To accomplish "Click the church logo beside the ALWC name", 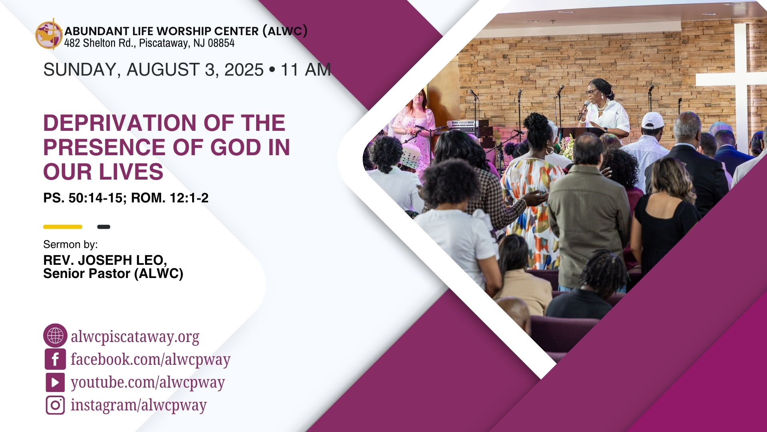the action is click(x=49, y=34).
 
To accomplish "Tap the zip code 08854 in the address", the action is click(x=221, y=43).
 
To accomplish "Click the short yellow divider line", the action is click(x=63, y=227).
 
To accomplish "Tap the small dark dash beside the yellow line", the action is click(x=103, y=227).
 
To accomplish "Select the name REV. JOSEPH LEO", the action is click(x=105, y=260).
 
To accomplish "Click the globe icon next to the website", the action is click(x=55, y=335).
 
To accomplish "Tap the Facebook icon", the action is click(x=55, y=359).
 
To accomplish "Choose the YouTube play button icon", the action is click(x=55, y=382).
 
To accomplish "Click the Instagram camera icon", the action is click(x=55, y=405).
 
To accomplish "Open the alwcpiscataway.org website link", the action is click(x=135, y=337).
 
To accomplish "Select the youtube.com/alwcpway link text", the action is click(x=148, y=382).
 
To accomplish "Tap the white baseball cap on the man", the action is click(x=652, y=120).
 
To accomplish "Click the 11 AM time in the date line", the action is click(x=306, y=70).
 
